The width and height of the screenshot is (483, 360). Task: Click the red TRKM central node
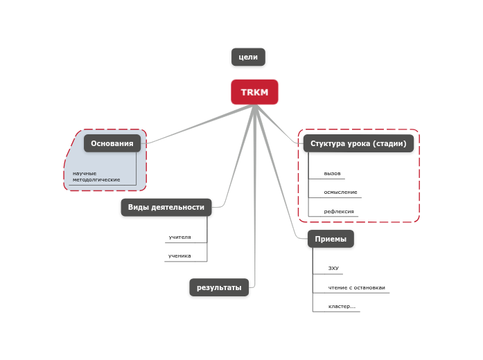pos(254,92)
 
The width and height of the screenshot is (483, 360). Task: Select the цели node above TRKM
pos(248,57)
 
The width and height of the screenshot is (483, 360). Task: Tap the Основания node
pos(112,143)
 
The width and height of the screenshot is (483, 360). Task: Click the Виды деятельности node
pos(166,207)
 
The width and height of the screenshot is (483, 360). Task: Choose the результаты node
pos(219,287)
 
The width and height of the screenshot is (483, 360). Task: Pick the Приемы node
pos(331,239)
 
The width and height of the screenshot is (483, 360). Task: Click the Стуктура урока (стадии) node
pos(358,143)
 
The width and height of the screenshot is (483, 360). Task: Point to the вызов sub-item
pos(333,173)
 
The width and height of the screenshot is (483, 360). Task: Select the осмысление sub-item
pos(341,192)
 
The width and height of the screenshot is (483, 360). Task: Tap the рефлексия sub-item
pos(340,211)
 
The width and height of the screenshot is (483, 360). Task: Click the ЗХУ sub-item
pos(334,268)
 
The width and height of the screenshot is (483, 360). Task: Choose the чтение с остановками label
pos(357,287)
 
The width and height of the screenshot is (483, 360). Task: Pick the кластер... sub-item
pos(342,306)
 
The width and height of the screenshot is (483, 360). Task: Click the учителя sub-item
pos(179,237)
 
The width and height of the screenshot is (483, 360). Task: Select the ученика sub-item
pos(179,255)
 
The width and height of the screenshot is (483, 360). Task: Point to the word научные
pos(85,173)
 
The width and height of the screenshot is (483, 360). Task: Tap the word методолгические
pos(96,179)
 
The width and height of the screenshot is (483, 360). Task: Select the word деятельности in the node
pos(178,207)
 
